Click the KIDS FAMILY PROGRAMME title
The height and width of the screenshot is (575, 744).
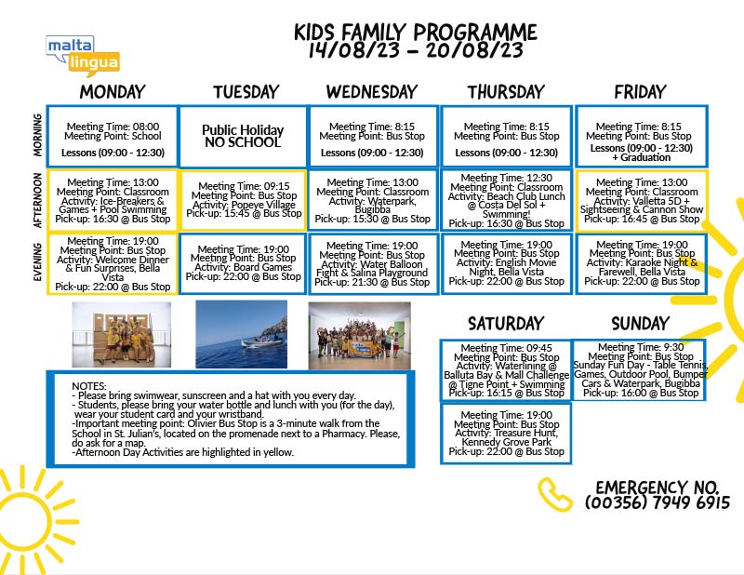pyautogui.click(x=416, y=33)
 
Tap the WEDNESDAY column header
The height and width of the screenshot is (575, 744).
pyautogui.click(x=372, y=91)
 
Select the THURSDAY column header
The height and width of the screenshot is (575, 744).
pyautogui.click(x=506, y=91)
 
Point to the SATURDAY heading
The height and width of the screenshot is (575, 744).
pyautogui.click(x=506, y=323)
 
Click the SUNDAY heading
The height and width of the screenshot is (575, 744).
pyautogui.click(x=639, y=323)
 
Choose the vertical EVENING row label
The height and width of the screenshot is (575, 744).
pyautogui.click(x=37, y=263)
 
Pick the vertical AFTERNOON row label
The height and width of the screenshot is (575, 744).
pyautogui.click(x=37, y=200)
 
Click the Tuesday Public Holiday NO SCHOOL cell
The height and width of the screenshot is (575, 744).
pyautogui.click(x=243, y=136)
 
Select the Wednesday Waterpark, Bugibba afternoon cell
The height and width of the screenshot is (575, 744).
pyautogui.click(x=372, y=200)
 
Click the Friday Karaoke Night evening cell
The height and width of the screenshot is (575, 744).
pyautogui.click(x=640, y=263)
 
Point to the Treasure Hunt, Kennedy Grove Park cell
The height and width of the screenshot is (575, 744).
pyautogui.click(x=506, y=434)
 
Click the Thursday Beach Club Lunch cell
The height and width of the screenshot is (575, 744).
pyautogui.click(x=506, y=200)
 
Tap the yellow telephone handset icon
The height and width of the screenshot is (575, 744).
pyautogui.click(x=556, y=494)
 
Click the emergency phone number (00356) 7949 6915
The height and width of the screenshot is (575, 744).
pyautogui.click(x=658, y=502)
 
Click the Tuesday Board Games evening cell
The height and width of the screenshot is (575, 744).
pyautogui.click(x=243, y=263)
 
